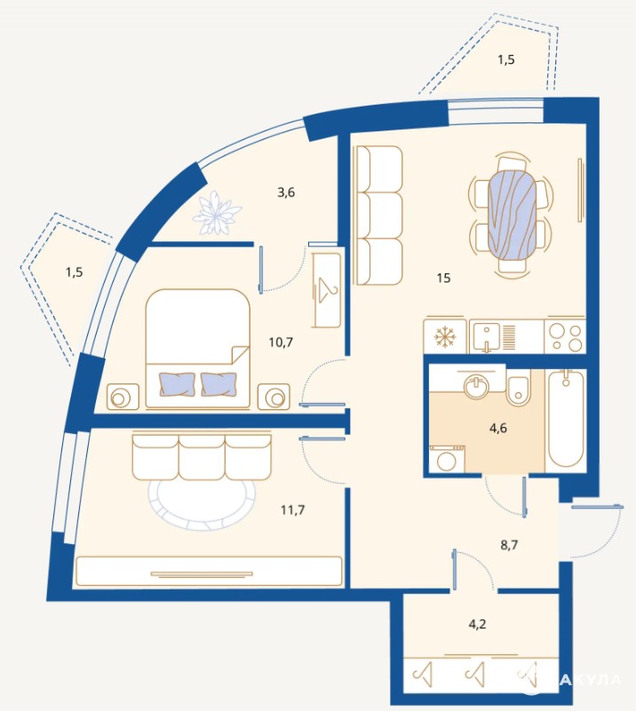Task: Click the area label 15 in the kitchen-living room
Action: [443, 278]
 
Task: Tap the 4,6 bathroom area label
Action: [498, 428]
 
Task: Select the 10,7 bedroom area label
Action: [281, 342]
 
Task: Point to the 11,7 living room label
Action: [292, 510]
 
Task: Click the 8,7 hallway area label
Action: [509, 545]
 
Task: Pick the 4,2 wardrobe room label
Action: [477, 624]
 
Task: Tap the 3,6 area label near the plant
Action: [286, 193]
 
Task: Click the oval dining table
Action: [512, 214]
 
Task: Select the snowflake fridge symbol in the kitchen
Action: [444, 337]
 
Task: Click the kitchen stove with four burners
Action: [565, 336]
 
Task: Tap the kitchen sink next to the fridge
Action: [486, 337]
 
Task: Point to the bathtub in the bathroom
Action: [565, 420]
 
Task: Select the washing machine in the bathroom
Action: [448, 458]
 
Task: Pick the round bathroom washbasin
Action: [476, 385]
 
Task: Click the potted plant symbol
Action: [217, 213]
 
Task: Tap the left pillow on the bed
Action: [177, 384]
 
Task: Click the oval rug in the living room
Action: [202, 503]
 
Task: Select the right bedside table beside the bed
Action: [274, 397]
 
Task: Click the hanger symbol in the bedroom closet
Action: [328, 289]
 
